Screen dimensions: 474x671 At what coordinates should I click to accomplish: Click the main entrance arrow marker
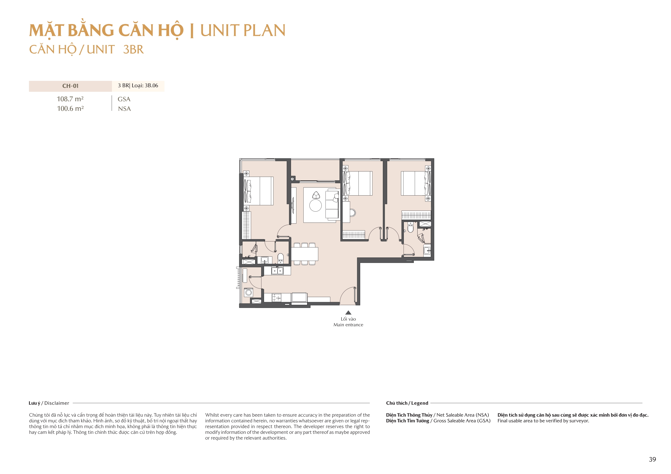click(348, 313)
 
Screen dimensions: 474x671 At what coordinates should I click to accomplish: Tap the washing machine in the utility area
click(249, 292)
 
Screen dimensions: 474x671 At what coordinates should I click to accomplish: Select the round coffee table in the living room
click(315, 205)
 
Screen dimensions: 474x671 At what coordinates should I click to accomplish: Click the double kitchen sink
click(277, 271)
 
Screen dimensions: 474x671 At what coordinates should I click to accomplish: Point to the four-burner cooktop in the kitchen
click(276, 298)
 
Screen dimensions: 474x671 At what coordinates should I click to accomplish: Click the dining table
click(304, 254)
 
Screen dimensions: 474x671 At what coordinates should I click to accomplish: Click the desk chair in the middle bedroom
click(353, 212)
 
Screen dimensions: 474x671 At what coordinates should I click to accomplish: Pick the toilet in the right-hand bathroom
click(411, 227)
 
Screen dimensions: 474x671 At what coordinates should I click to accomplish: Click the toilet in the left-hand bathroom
click(280, 258)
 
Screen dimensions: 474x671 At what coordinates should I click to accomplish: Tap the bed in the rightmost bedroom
click(415, 184)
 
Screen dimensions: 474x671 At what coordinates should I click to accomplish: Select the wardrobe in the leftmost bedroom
click(246, 225)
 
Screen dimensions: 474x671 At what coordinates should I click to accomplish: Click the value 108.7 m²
click(70, 99)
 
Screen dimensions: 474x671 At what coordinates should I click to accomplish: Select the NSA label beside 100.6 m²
click(124, 109)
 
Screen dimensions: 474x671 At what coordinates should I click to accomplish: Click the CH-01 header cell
click(70, 86)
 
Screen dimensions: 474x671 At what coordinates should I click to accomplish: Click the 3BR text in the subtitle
click(133, 49)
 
